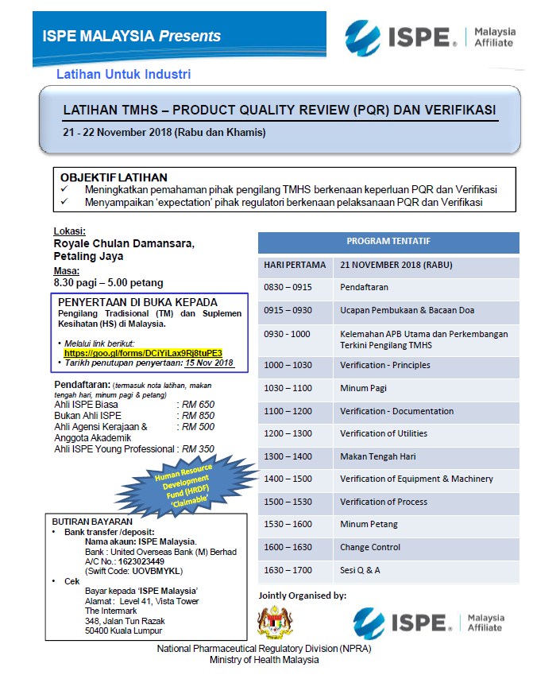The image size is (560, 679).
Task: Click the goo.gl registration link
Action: (x=143, y=351)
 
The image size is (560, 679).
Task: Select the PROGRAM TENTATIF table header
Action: (x=388, y=242)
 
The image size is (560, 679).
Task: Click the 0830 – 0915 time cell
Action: (x=288, y=287)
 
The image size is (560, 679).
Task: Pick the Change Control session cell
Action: (x=369, y=547)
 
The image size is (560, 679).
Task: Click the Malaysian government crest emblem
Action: (x=275, y=620)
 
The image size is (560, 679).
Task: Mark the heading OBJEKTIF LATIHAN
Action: (x=114, y=177)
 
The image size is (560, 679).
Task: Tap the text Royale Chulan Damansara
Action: (x=123, y=243)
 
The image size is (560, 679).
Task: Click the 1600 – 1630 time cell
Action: (x=288, y=547)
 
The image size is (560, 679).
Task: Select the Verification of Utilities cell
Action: (x=384, y=433)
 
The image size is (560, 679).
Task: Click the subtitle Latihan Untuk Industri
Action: (x=123, y=75)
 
